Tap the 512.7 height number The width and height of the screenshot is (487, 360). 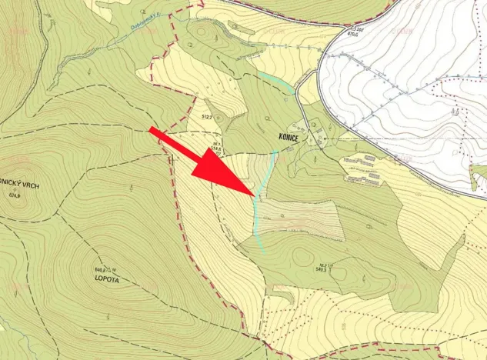point(206,116)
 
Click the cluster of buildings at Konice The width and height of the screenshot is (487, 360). point(311,132)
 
